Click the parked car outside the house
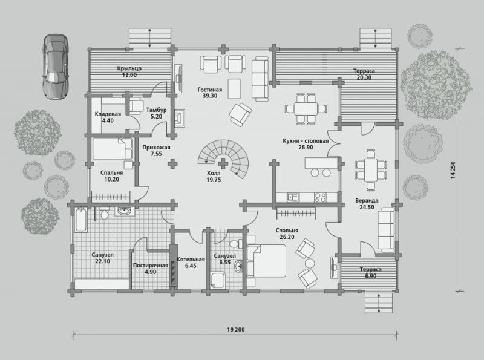56,67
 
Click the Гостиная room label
209,90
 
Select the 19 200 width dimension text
236,329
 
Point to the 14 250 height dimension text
453,170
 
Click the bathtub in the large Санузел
81,220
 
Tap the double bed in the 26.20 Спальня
266,261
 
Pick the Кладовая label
108,114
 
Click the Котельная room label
191,259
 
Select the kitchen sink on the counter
293,197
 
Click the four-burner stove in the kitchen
320,197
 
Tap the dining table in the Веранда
370,170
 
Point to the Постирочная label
150,265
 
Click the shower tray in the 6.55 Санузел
218,280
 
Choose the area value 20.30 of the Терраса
364,77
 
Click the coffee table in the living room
234,88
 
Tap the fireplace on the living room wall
179,118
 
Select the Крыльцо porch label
129,68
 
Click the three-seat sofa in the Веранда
386,230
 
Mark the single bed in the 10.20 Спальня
113,148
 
